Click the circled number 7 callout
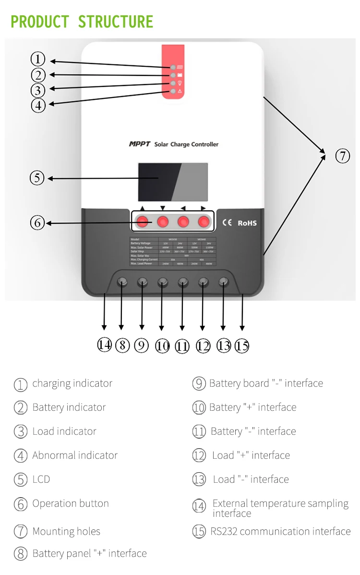coord(342,156)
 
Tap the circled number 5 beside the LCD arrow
coord(37,178)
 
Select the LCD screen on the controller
coord(173,182)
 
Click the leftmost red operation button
coord(143,221)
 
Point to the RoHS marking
coord(247,223)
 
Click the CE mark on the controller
coord(227,222)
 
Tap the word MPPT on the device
coord(139,144)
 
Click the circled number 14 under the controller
coord(104,344)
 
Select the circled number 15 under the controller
coord(242,346)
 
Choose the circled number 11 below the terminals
coord(182,346)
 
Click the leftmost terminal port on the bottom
coord(122,281)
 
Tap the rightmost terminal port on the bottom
coord(223,281)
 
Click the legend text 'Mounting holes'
coord(66,531)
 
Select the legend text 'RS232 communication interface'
coord(280,531)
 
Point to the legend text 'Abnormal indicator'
coord(75,455)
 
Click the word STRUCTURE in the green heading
coord(116,22)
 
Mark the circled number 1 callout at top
coord(38,59)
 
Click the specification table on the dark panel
coord(173,251)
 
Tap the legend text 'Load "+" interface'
coord(251,455)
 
